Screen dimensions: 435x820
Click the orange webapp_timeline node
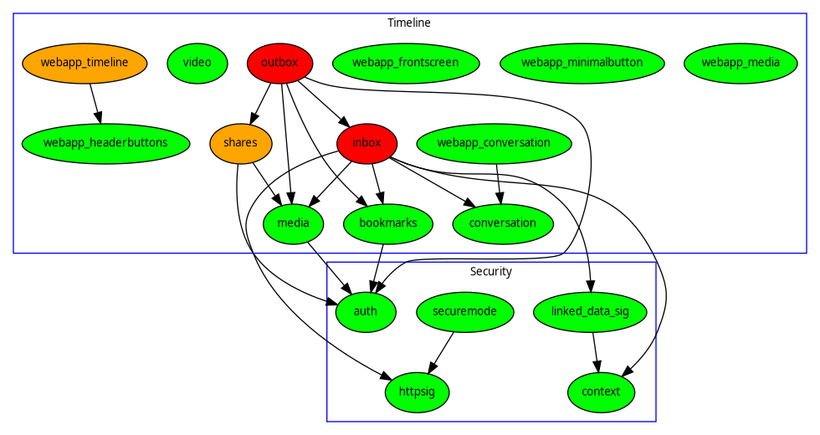tap(85, 62)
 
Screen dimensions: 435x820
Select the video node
tap(197, 62)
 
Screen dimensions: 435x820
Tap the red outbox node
tap(280, 62)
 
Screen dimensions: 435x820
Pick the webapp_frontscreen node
tap(406, 62)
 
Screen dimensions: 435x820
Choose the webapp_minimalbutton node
tap(582, 62)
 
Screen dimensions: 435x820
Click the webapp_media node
tap(741, 62)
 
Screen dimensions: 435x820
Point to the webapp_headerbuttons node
tap(105, 142)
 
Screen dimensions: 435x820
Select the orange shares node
tap(240, 142)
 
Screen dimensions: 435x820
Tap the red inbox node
tap(366, 142)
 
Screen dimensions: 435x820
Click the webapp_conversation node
tap(494, 142)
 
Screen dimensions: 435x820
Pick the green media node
tap(294, 223)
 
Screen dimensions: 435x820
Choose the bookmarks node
tap(382, 223)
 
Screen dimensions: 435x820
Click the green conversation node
tap(503, 223)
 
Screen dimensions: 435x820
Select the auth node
tap(366, 311)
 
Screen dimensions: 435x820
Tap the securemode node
tap(465, 311)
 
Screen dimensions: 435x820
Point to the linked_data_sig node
tap(592, 311)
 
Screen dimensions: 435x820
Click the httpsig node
tap(417, 391)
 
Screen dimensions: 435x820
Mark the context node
tap(601, 391)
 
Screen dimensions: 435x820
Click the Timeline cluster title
tap(409, 23)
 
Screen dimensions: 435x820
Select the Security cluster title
tap(490, 271)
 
